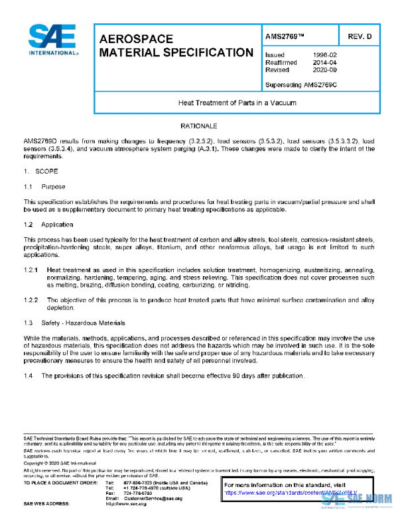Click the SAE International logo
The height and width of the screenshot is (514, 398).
click(x=52, y=40)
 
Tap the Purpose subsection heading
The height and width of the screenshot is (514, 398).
click(x=53, y=187)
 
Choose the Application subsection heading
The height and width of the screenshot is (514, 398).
click(x=57, y=225)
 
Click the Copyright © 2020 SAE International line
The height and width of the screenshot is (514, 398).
click(x=59, y=464)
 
